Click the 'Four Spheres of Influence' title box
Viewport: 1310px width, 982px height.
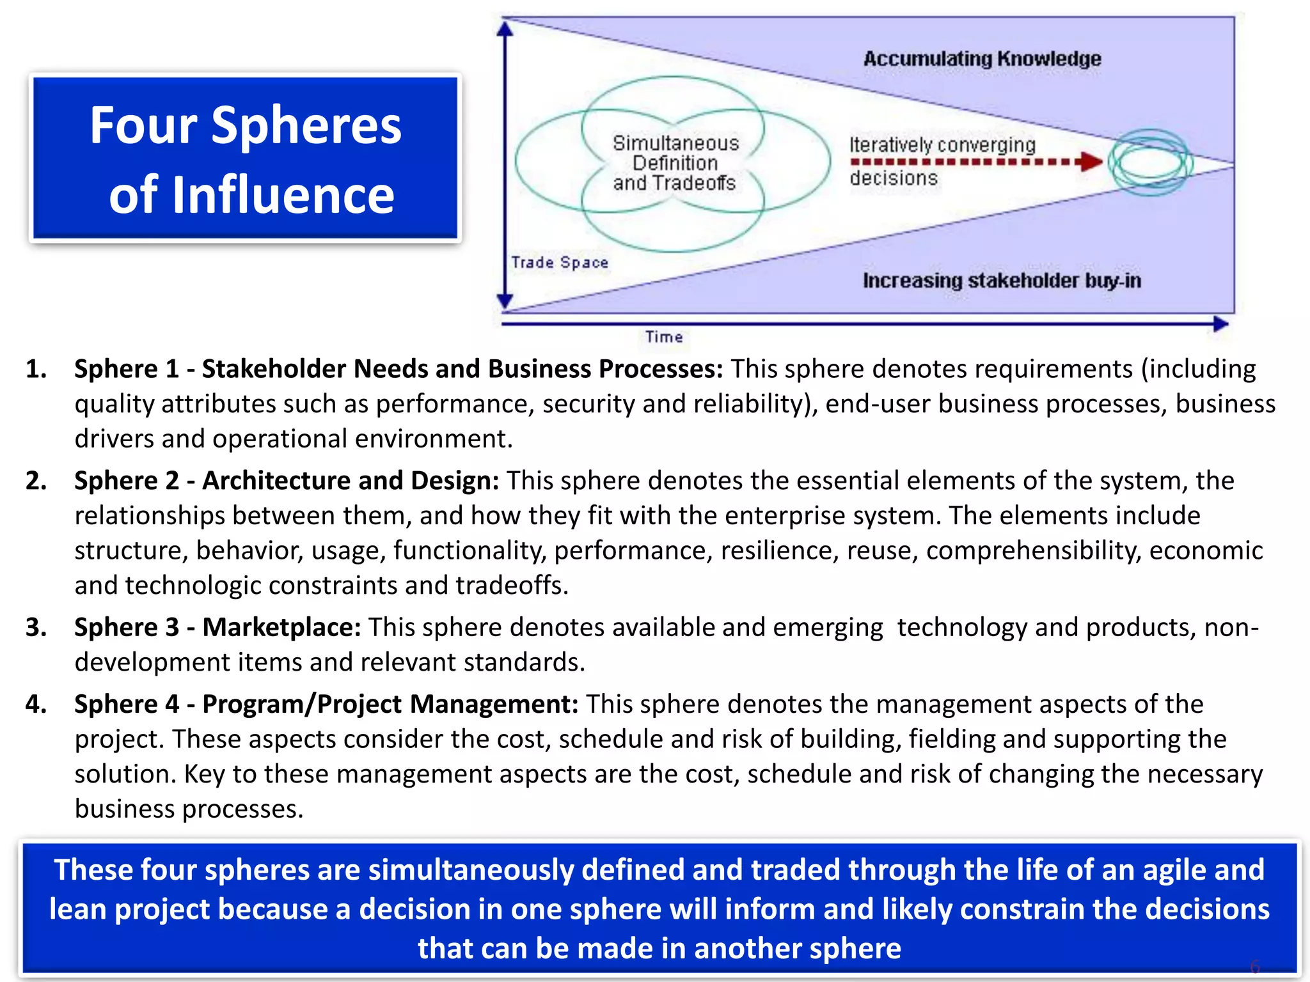tap(245, 158)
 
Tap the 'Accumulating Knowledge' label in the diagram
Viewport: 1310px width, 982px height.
tap(982, 59)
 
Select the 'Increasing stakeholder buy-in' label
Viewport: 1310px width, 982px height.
tap(1002, 281)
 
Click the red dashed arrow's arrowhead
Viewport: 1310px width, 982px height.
tap(1091, 161)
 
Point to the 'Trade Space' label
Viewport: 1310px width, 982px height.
tap(560, 262)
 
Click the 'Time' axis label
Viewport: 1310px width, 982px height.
tap(664, 337)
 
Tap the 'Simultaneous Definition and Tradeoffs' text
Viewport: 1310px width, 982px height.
tap(675, 163)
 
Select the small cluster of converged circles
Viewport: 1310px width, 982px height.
tap(1150, 162)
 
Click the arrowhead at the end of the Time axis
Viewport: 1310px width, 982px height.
tap(1220, 324)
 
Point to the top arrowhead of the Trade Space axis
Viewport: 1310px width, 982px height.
tap(505, 29)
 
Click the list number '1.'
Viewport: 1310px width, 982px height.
tap(36, 369)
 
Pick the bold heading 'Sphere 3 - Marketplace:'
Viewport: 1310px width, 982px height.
tap(217, 627)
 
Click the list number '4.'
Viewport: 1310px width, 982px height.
tap(36, 704)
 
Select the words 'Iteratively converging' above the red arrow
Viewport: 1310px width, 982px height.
tap(942, 145)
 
